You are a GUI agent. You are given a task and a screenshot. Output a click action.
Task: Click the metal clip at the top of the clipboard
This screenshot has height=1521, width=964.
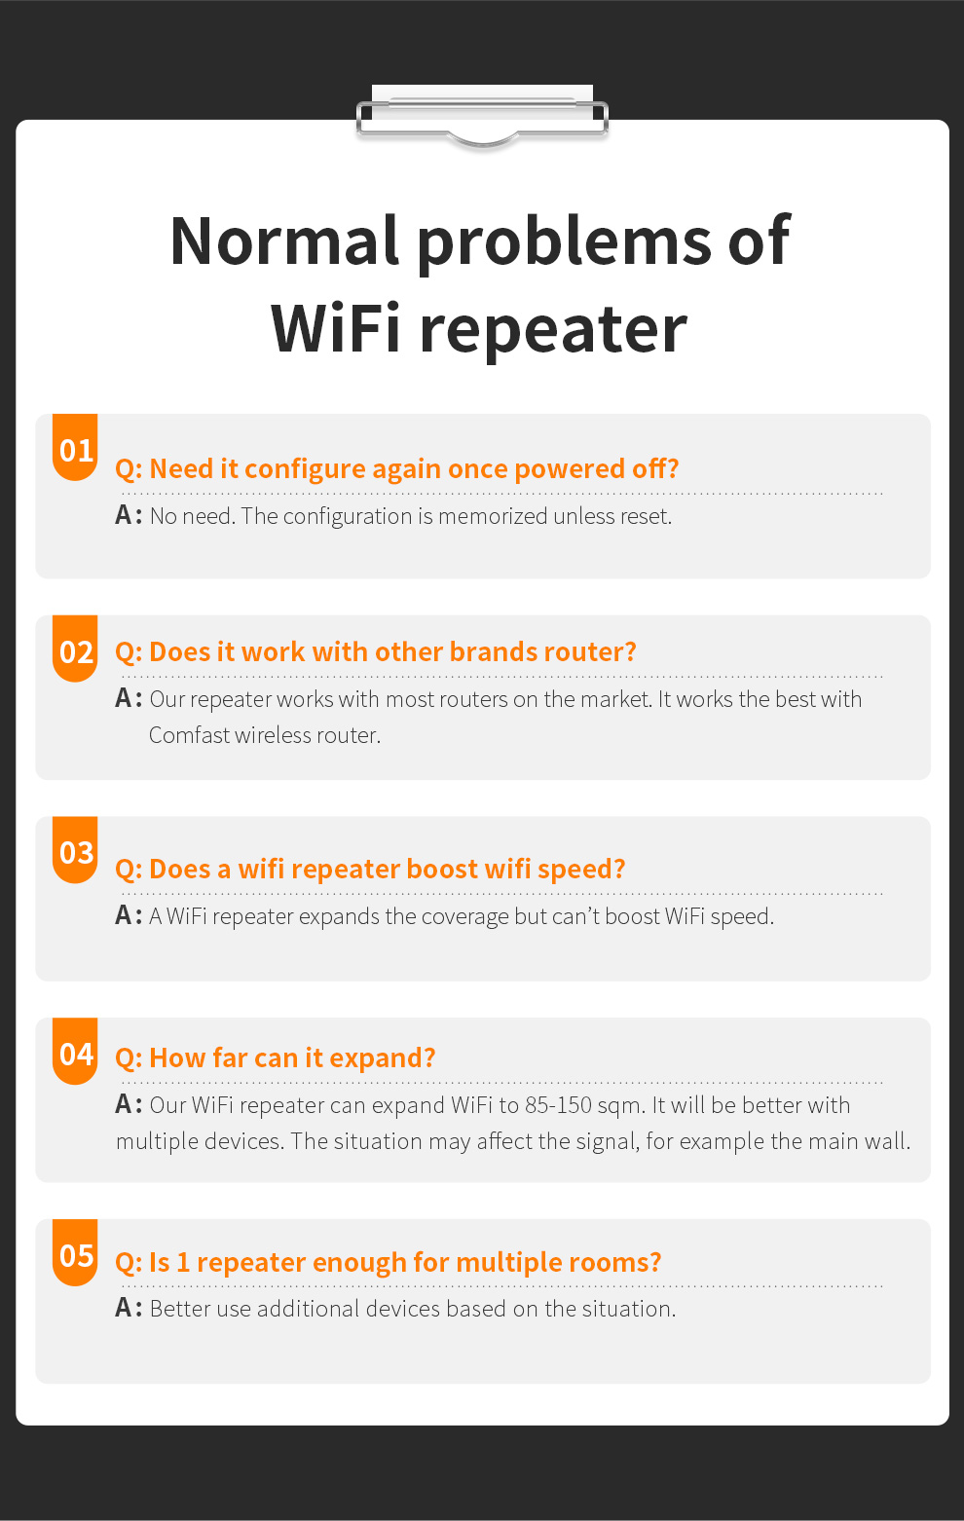pos(482,117)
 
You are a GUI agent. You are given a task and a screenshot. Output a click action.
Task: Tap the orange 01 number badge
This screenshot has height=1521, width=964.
pos(75,448)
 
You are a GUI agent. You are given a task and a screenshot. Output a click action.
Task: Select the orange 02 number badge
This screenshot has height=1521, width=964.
pos(75,649)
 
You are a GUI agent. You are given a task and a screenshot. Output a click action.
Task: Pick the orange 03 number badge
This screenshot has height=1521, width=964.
pos(75,850)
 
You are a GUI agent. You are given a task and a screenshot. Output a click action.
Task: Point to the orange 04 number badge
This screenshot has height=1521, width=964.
pos(75,1051)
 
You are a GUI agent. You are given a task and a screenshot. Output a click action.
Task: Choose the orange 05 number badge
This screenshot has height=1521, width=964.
pos(75,1253)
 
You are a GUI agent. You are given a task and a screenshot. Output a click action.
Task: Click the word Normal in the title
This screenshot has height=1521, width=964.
pos(283,241)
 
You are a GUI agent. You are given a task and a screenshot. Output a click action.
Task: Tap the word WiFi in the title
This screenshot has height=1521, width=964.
pos(335,329)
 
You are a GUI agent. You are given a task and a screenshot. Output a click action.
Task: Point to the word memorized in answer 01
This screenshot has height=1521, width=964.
pos(492,516)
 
